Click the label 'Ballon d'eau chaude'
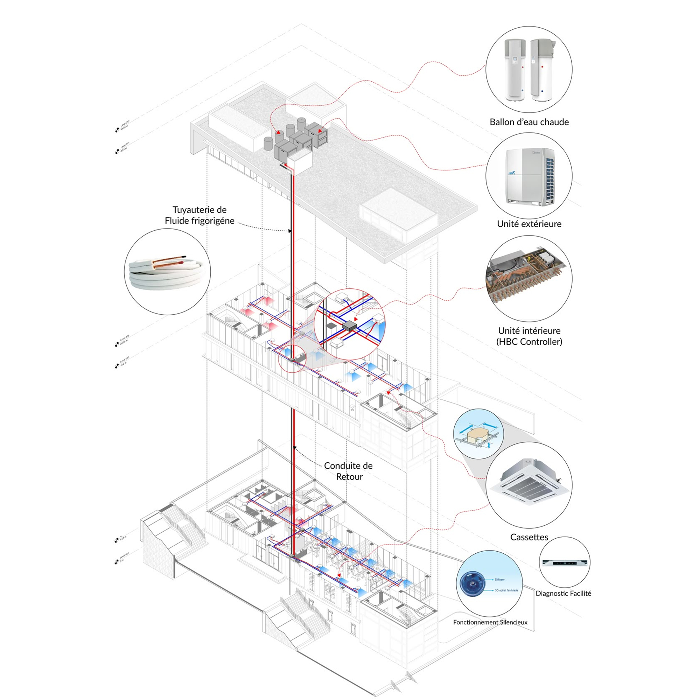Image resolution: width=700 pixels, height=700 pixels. click(x=529, y=122)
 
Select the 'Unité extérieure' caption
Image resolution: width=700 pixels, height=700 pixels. click(x=529, y=224)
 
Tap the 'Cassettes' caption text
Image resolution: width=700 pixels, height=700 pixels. click(x=529, y=537)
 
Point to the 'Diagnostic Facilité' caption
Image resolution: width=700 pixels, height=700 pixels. click(x=563, y=593)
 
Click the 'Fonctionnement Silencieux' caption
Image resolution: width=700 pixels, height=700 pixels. click(x=490, y=622)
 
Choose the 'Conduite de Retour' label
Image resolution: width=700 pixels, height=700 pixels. click(x=348, y=471)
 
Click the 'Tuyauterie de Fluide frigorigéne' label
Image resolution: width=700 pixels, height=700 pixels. click(x=199, y=215)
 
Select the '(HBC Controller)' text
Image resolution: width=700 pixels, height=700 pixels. click(x=529, y=342)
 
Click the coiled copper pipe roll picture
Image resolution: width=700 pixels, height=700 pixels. click(x=167, y=272)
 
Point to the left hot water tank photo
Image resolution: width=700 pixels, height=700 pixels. click(x=515, y=70)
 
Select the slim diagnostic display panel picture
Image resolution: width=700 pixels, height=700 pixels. click(x=564, y=562)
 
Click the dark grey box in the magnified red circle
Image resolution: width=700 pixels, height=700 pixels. click(x=350, y=326)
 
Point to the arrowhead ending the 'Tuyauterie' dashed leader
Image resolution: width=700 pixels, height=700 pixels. click(x=290, y=231)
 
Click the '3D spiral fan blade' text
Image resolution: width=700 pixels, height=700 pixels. click(x=506, y=590)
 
